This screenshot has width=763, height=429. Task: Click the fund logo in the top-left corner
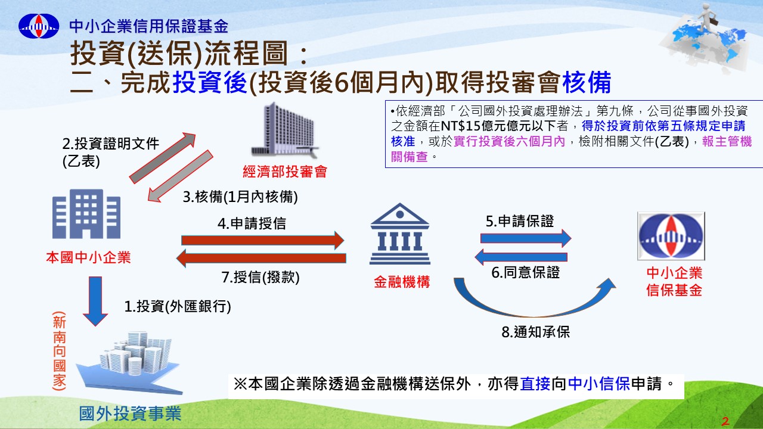coord(39,26)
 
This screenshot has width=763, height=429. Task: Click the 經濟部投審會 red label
coord(285,172)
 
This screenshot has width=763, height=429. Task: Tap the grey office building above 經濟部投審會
coord(284,130)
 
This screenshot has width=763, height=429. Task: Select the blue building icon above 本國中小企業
coord(86,214)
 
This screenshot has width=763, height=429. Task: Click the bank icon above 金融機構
coord(400,234)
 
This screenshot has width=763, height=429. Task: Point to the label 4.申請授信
coord(252,223)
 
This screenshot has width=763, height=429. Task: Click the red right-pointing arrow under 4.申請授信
coord(263,240)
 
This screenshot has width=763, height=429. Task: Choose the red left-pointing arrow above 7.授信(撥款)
coord(261,258)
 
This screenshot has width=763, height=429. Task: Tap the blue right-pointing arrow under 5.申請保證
coord(526,238)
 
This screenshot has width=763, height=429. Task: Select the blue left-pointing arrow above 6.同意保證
coord(521,257)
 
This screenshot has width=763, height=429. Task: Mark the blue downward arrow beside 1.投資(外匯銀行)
coord(95,301)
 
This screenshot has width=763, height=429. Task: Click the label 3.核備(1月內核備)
coord(240,197)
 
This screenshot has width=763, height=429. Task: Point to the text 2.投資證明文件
coord(111,144)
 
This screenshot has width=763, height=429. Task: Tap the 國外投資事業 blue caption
coord(130,414)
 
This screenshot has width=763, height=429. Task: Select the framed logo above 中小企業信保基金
coord(671,236)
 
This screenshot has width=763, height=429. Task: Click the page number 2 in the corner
coord(725,421)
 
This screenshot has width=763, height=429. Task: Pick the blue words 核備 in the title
coord(587,82)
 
